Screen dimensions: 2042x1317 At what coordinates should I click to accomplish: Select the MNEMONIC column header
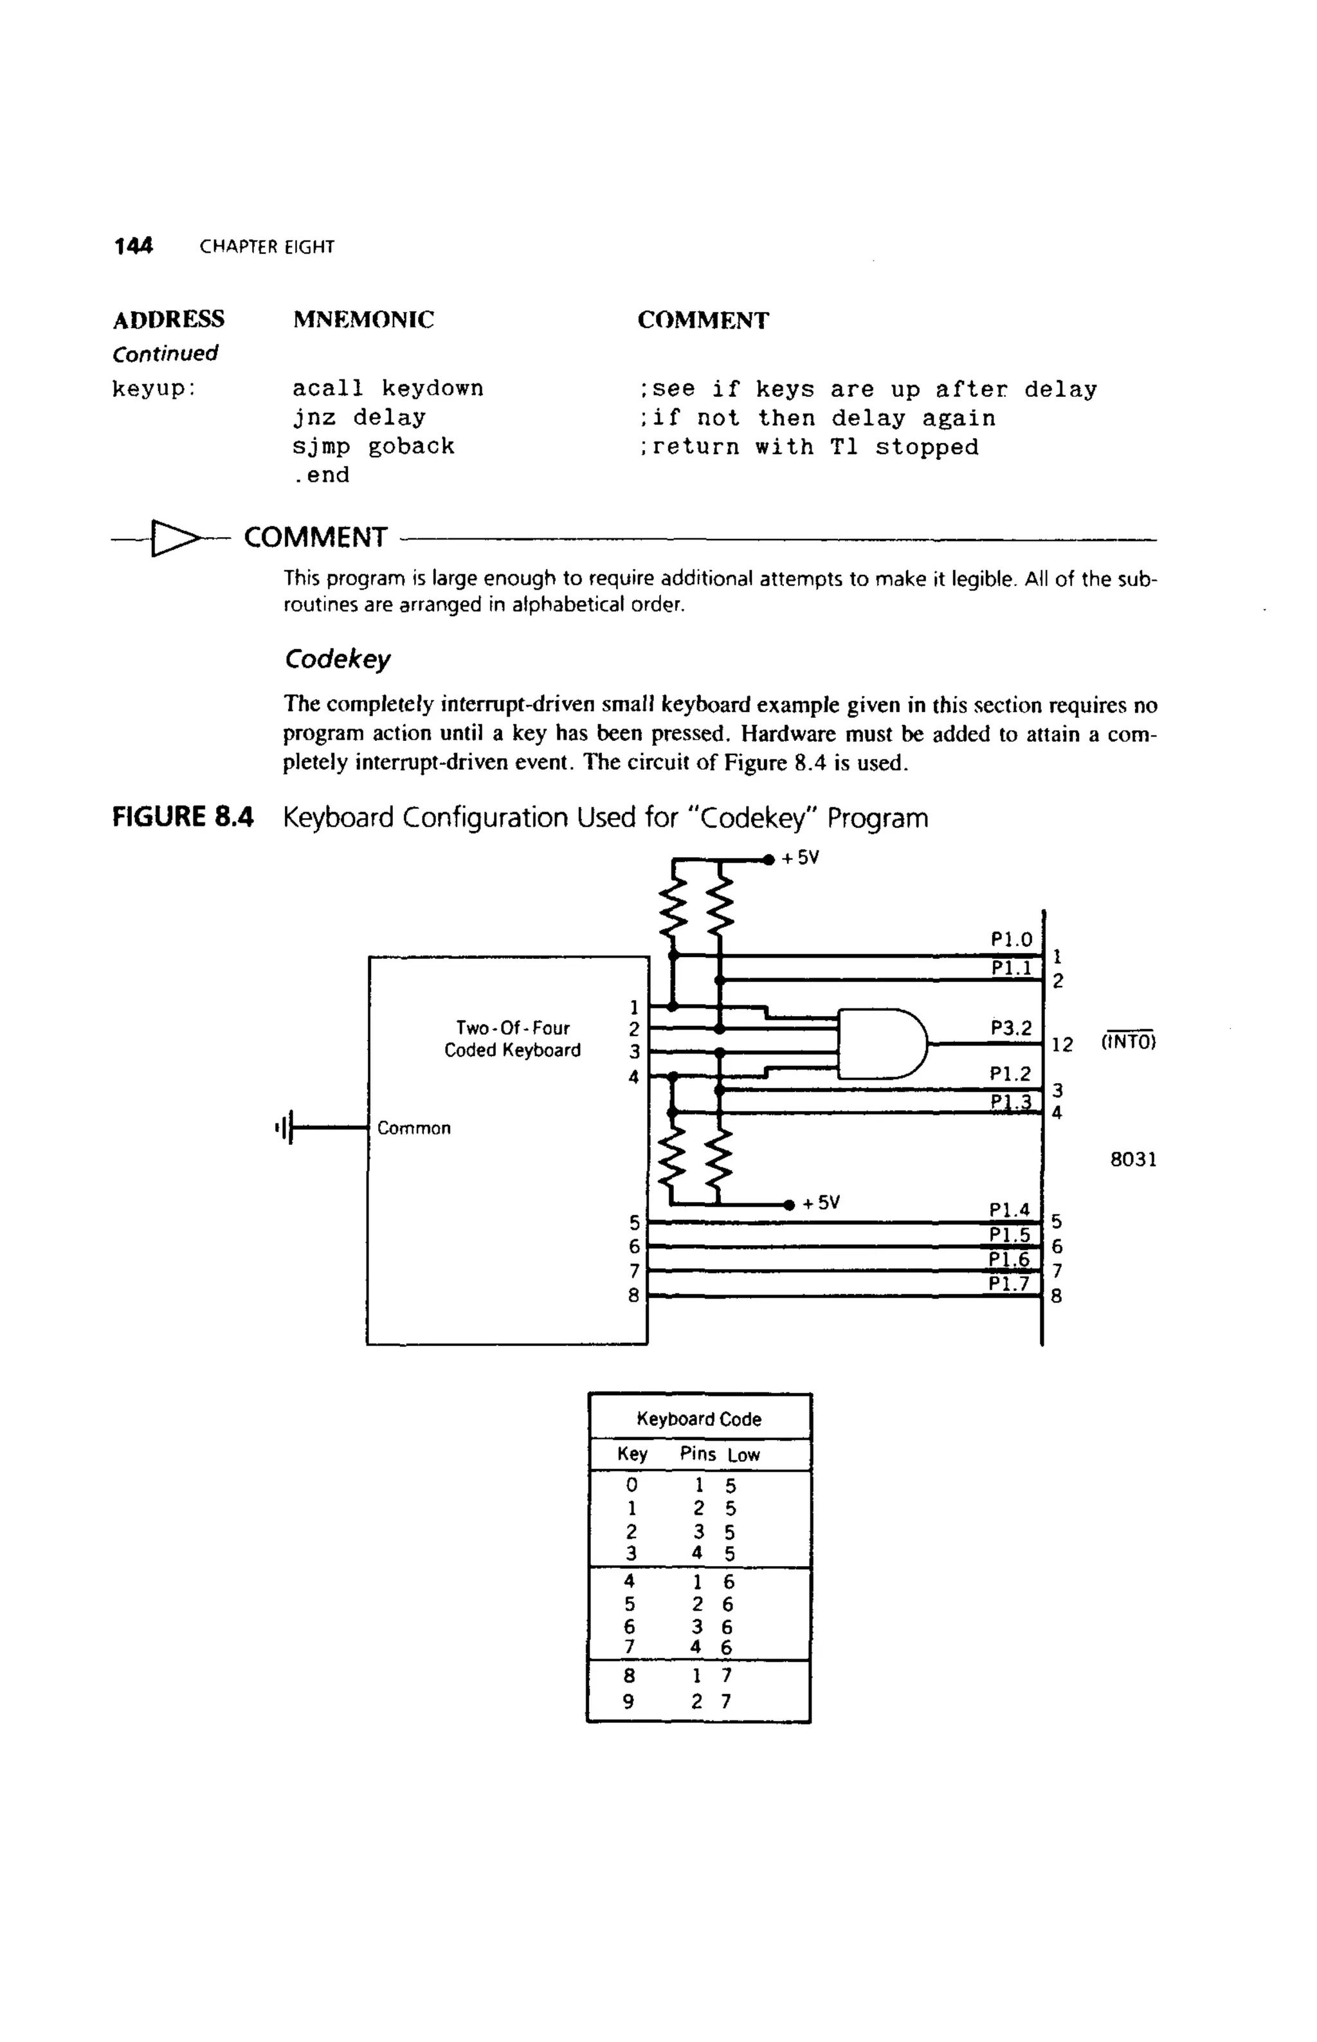(x=363, y=320)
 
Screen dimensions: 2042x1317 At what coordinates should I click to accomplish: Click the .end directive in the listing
(x=321, y=475)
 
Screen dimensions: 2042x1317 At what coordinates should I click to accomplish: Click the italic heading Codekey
(x=337, y=659)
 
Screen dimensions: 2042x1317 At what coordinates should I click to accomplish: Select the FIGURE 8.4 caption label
(x=183, y=817)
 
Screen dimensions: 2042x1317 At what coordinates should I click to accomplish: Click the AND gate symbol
(x=881, y=1043)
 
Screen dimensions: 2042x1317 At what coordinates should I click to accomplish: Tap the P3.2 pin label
(x=1011, y=1028)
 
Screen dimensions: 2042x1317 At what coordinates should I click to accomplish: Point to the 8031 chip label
(x=1133, y=1160)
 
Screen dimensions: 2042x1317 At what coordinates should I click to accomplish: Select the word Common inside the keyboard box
(x=414, y=1129)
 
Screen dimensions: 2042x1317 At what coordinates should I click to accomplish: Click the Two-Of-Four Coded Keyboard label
(x=513, y=1039)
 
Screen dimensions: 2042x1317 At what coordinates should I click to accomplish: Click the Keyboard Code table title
(x=699, y=1419)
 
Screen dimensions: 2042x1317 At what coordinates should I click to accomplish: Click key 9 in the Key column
(x=628, y=1702)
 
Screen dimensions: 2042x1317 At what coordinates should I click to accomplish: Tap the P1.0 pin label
(x=1012, y=940)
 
